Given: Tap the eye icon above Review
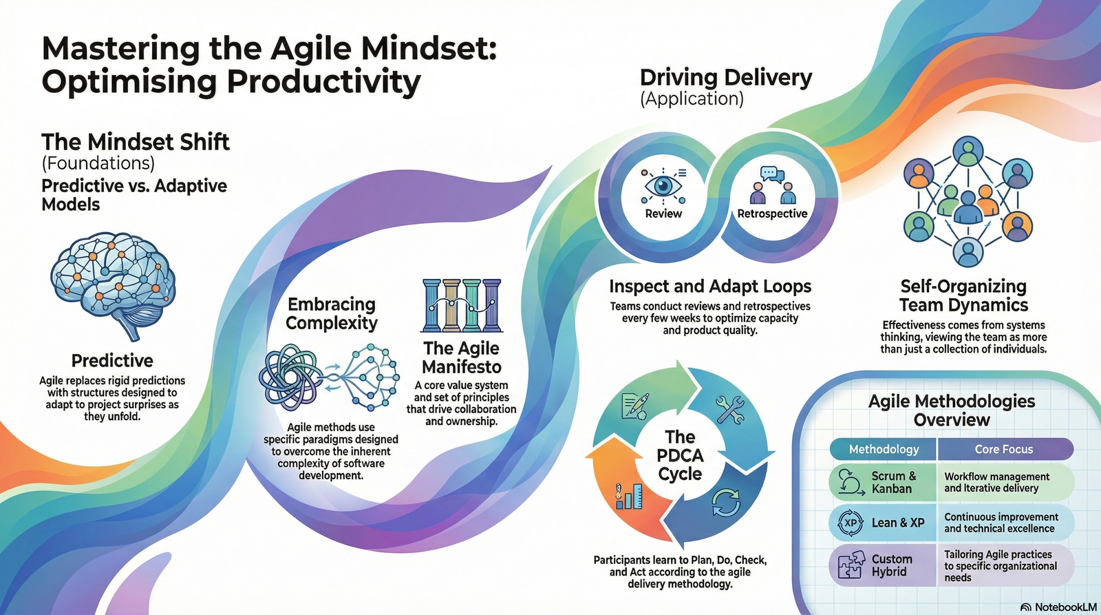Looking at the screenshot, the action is (663, 186).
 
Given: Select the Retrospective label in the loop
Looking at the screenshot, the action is (772, 213).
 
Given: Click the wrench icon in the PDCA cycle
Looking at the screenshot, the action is (730, 409).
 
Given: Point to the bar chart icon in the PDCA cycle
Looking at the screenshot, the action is (629, 496).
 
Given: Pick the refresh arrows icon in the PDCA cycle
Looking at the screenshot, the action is (726, 502).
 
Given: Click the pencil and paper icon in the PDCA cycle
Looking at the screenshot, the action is (635, 406).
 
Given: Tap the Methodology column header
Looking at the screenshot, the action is (884, 449).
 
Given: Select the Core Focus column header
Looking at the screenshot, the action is (1003, 449).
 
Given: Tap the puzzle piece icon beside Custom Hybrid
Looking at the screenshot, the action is (849, 565).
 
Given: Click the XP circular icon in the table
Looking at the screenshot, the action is (850, 523).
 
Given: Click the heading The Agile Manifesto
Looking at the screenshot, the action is (462, 357).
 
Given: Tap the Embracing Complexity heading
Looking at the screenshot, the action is (332, 313).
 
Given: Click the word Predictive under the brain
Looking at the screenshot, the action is (112, 361).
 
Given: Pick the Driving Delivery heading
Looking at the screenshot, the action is (726, 79).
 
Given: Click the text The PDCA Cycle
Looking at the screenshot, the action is (681, 455).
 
